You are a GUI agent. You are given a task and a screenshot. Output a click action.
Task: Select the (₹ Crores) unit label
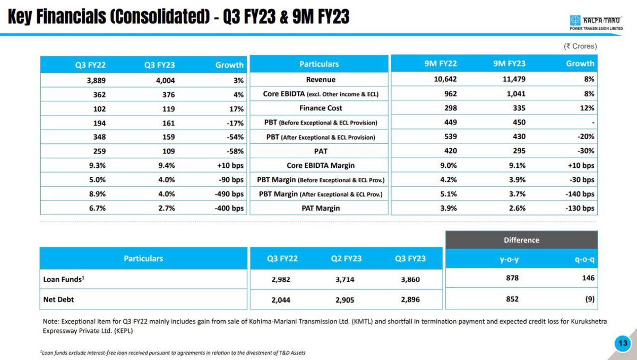580,46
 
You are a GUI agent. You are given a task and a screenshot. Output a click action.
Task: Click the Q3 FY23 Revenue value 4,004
165,80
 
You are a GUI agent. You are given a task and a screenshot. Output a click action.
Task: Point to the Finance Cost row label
319,108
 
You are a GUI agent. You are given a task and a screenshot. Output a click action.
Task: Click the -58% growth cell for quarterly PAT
234,151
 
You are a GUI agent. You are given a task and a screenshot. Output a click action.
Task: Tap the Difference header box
521,240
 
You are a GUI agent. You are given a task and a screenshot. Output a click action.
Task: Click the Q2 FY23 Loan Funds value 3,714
348,278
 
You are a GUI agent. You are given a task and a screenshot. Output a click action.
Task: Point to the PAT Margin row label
319,209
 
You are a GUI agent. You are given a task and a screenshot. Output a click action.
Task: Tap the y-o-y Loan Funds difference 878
512,278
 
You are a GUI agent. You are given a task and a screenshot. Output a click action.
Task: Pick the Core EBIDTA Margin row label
319,166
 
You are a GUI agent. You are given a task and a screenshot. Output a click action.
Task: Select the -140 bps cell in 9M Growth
580,194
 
